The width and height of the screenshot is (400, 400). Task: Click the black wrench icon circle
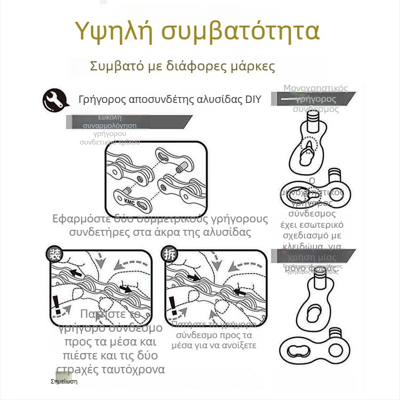[55, 99]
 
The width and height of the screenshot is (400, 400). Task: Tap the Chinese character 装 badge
[54, 254]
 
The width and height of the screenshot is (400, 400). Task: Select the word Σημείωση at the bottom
[64, 382]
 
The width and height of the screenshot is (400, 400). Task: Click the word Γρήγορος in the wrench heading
[101, 100]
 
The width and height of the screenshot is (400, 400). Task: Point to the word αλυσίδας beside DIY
[222, 100]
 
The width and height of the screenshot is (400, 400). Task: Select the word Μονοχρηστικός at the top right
[316, 88]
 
